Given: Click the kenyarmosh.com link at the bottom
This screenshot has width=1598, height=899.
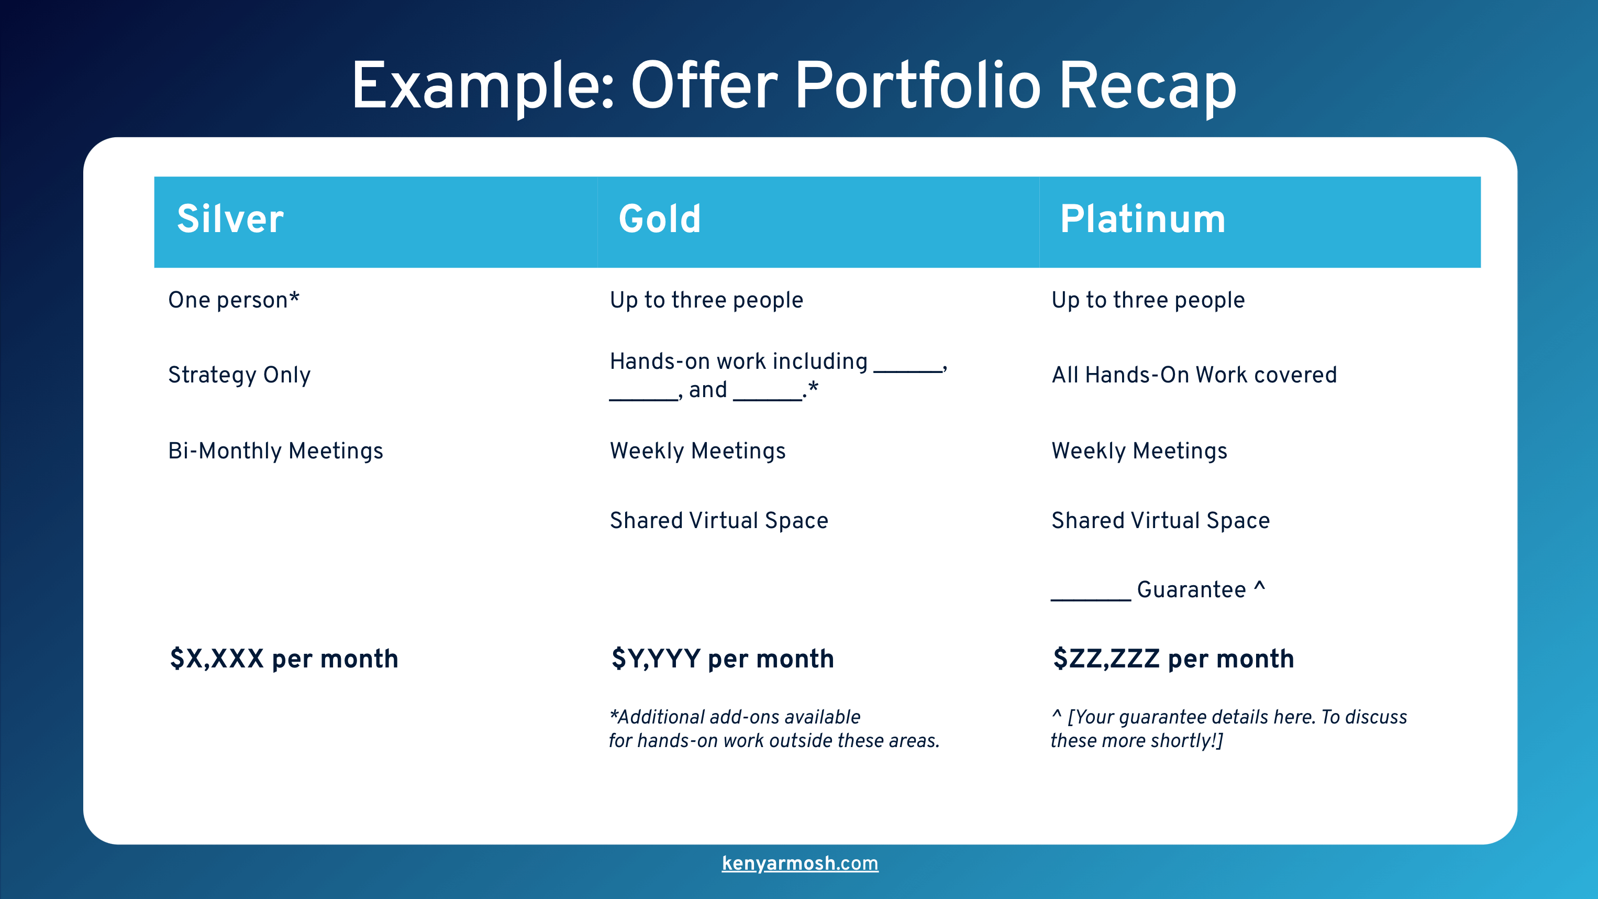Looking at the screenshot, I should pyautogui.click(x=800, y=863).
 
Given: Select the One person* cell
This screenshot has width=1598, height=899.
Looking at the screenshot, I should pyautogui.click(x=234, y=300).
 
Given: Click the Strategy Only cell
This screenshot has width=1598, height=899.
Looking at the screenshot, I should pyautogui.click(x=239, y=375).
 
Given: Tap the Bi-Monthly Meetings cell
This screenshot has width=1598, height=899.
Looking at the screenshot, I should pyautogui.click(x=275, y=451).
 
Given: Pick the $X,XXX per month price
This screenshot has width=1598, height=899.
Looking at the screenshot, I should pyautogui.click(x=284, y=658).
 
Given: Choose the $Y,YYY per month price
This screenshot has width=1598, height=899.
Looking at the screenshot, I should pyautogui.click(x=723, y=658).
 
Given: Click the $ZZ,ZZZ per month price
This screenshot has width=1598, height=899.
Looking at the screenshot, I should pyautogui.click(x=1173, y=658).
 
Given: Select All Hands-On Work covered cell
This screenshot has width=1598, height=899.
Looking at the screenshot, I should pyautogui.click(x=1194, y=375).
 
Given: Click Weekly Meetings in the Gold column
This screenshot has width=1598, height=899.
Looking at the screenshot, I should pyautogui.click(x=697, y=451).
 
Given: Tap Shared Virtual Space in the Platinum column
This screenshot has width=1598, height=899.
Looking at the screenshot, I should pyautogui.click(x=1160, y=520).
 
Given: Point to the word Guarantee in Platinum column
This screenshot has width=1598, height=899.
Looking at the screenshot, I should pyautogui.click(x=1191, y=590).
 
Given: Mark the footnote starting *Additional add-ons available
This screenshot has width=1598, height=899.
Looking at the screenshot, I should pyautogui.click(x=773, y=728).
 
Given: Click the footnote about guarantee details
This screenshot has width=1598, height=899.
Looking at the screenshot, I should pyautogui.click(x=1228, y=728).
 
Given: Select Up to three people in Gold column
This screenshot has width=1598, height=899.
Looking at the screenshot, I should pyautogui.click(x=706, y=300).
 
